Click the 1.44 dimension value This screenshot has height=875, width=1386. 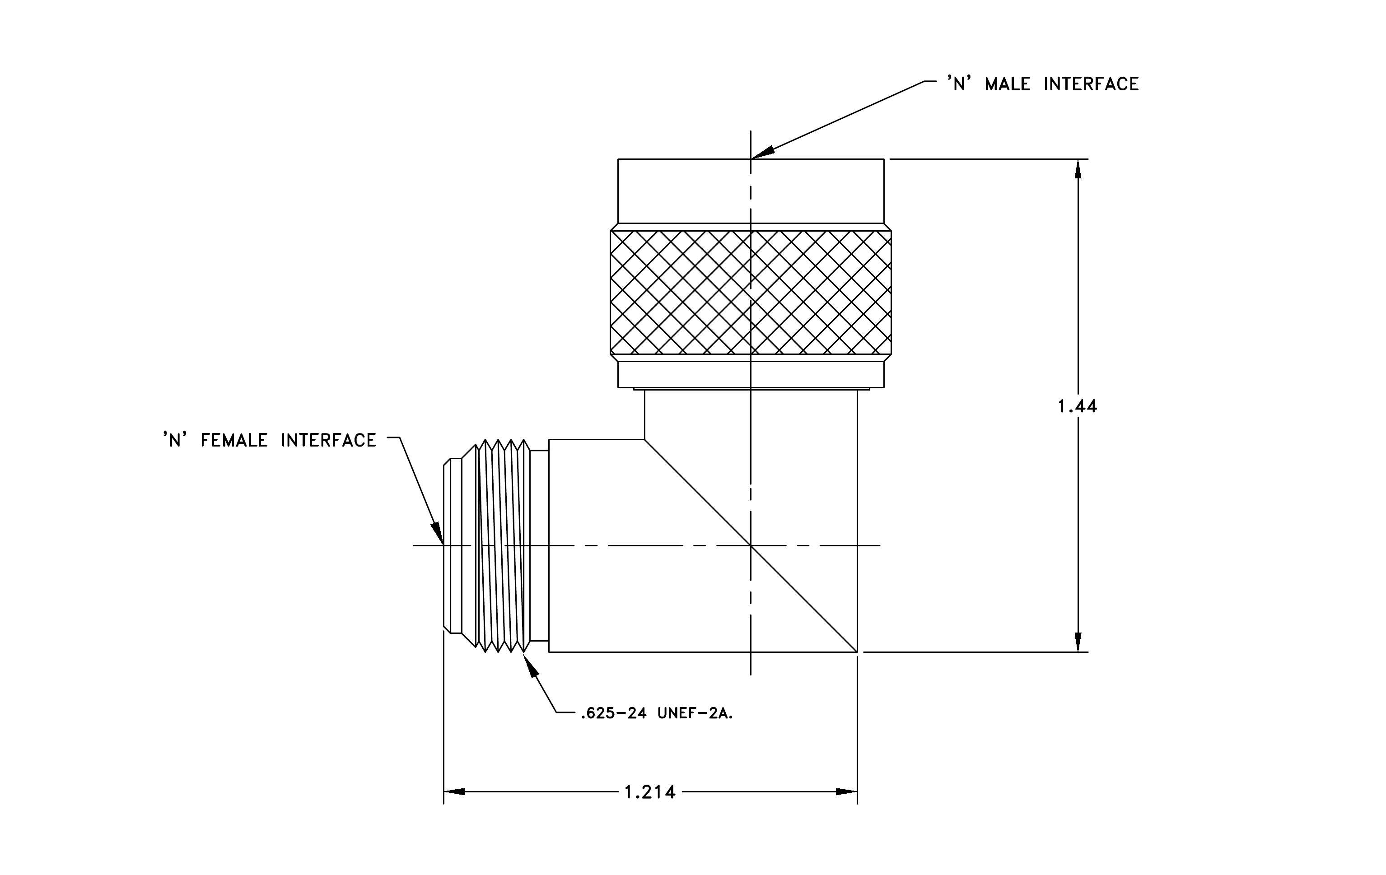pyautogui.click(x=1077, y=407)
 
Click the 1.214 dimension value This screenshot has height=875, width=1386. pyautogui.click(x=650, y=792)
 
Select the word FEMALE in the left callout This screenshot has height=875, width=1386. pyautogui.click(x=234, y=441)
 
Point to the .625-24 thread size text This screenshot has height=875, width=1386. pyautogui.click(x=614, y=714)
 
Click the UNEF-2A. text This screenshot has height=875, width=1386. pyautogui.click(x=695, y=714)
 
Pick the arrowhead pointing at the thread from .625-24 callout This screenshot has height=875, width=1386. pyautogui.click(x=530, y=665)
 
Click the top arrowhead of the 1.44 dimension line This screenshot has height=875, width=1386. pyautogui.click(x=1078, y=169)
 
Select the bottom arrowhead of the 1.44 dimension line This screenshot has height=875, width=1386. pyautogui.click(x=1078, y=642)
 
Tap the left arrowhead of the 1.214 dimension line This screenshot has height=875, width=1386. pyautogui.click(x=454, y=792)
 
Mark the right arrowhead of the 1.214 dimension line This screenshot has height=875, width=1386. pyautogui.click(x=847, y=792)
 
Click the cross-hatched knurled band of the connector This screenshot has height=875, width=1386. pyautogui.click(x=751, y=292)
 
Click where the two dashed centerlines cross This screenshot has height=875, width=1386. pyautogui.click(x=751, y=545)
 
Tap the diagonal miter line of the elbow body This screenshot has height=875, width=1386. pyautogui.click(x=751, y=546)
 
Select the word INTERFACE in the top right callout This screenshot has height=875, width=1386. pyautogui.click(x=1091, y=84)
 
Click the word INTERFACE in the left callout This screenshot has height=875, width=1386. pyautogui.click(x=329, y=441)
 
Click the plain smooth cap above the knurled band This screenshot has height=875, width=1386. pyautogui.click(x=751, y=191)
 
